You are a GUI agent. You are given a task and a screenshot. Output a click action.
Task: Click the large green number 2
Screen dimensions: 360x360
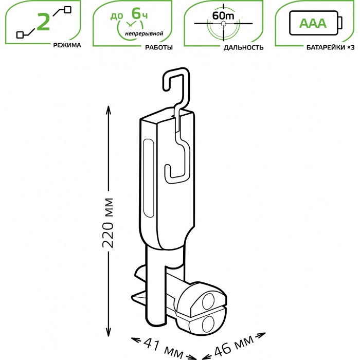pos(44,22)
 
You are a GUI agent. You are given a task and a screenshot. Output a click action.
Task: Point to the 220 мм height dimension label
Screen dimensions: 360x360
pos(108,222)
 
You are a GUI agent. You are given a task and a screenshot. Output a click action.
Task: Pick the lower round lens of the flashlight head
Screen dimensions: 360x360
pos(209,323)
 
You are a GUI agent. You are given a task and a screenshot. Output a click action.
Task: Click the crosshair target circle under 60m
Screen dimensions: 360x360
pos(223,25)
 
